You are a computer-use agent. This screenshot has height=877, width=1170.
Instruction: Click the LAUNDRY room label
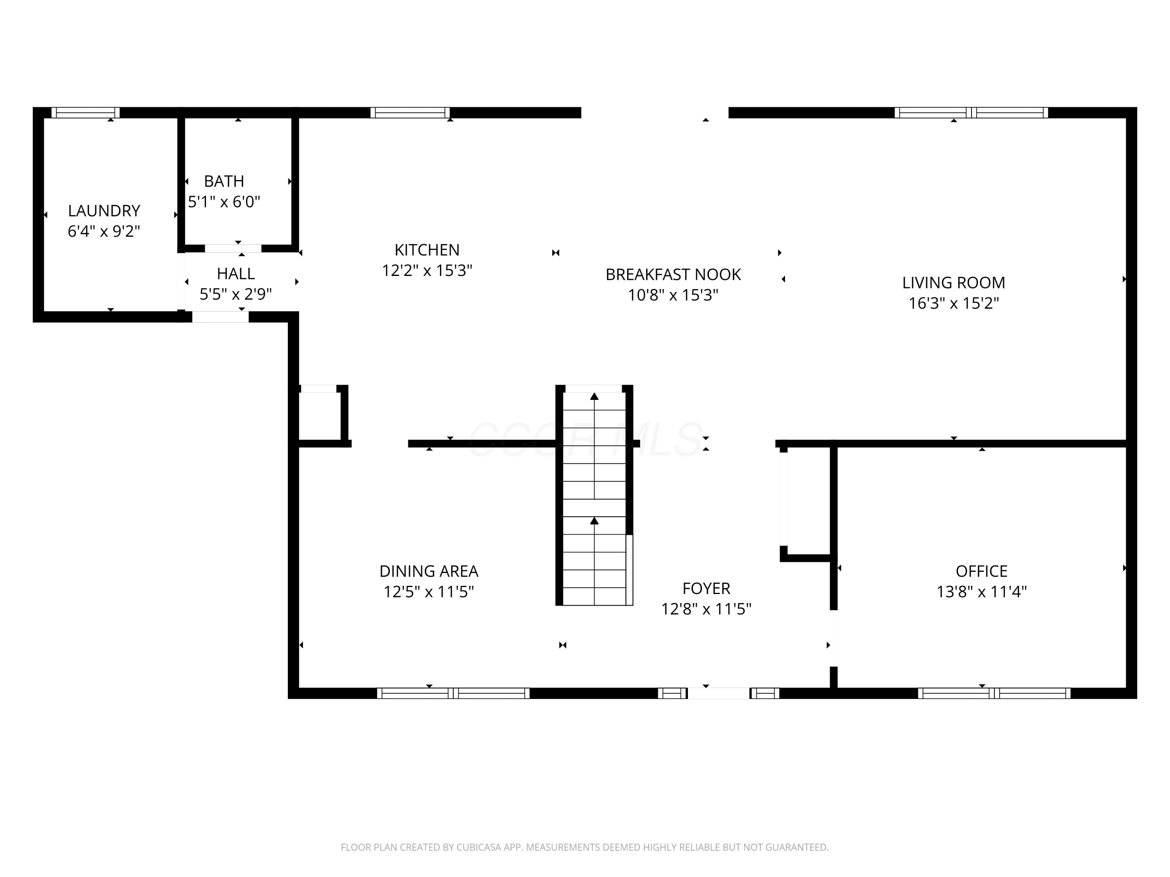(104, 211)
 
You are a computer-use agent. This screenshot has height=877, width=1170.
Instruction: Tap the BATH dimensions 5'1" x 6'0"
(224, 202)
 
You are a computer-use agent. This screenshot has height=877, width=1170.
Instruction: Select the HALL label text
(236, 274)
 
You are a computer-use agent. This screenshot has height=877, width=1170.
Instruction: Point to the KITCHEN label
(427, 250)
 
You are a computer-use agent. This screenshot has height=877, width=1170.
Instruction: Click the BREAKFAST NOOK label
(673, 275)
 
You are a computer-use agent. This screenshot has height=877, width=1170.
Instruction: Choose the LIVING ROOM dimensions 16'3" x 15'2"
(954, 303)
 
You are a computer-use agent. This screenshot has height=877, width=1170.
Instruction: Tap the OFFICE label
(982, 571)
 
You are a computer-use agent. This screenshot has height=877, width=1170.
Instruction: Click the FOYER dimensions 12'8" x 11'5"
(706, 610)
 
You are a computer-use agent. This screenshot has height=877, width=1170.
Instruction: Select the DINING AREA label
(429, 571)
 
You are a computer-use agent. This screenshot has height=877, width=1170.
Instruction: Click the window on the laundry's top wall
(86, 113)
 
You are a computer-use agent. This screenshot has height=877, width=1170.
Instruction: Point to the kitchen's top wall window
(410, 113)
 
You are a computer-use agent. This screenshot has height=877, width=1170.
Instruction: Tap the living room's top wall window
(971, 113)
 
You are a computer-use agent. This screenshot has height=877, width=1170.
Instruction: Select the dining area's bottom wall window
(453, 693)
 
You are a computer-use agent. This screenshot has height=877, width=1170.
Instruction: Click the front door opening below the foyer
(718, 693)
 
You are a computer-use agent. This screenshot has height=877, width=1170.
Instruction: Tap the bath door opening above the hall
(233, 248)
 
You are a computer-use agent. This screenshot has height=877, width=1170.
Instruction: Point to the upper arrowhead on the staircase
(594, 396)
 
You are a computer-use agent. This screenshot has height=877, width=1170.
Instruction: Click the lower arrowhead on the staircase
(594, 521)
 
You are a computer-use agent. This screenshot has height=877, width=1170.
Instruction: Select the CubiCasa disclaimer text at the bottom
(585, 847)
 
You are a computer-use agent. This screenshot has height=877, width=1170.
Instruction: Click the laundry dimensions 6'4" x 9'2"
(104, 232)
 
